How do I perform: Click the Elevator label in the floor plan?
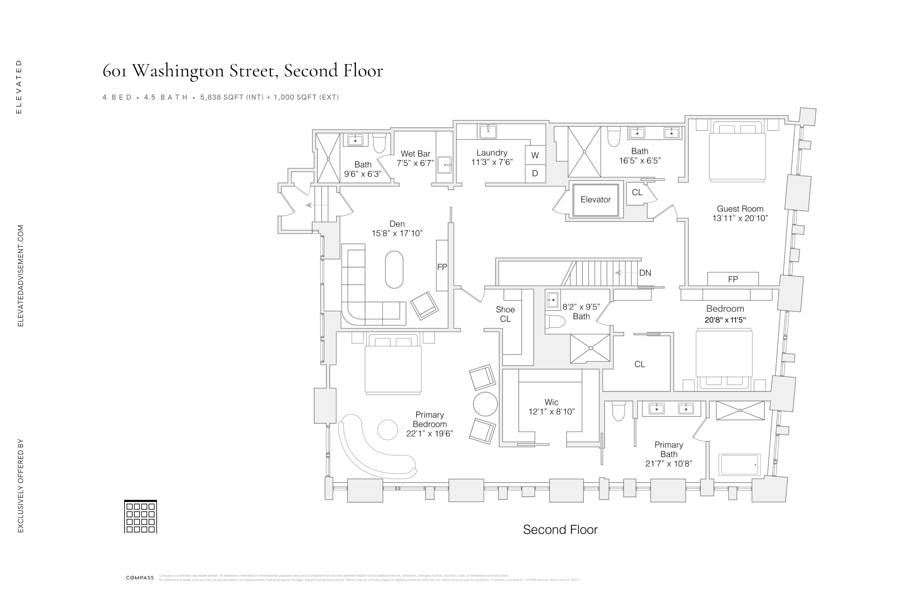point(595,200)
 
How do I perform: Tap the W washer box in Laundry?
point(535,155)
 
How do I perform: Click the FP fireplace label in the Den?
point(442,267)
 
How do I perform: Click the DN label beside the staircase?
point(645,273)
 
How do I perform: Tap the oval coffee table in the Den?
point(394,269)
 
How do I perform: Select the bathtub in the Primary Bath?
point(739,465)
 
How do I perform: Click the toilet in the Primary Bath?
point(618,411)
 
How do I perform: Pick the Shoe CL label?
point(505,314)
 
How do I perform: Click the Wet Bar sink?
point(445,165)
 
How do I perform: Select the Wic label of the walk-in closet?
point(551,402)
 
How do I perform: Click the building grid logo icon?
point(140,516)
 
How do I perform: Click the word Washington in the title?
point(178,71)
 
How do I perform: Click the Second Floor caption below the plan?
point(560,530)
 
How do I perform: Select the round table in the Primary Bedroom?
point(485,404)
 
